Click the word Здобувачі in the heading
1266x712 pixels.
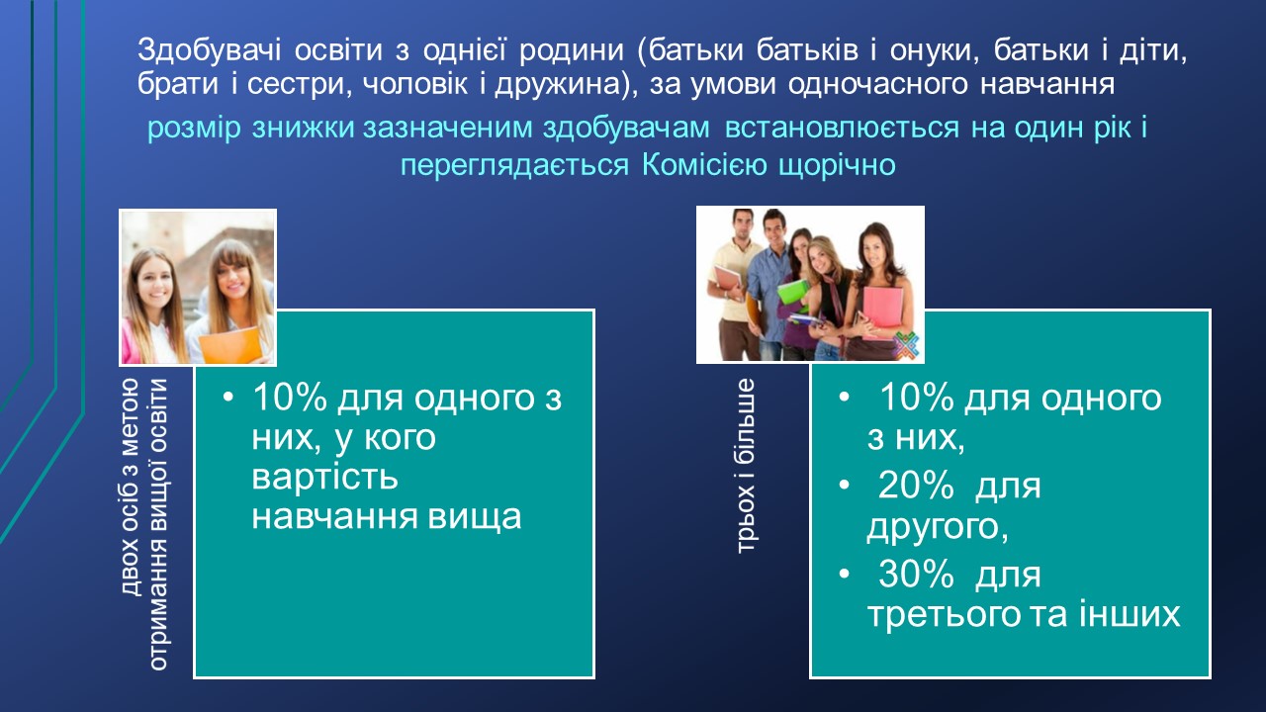point(209,49)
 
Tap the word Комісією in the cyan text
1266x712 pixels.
point(705,165)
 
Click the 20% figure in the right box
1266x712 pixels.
point(916,486)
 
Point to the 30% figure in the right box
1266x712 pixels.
point(916,575)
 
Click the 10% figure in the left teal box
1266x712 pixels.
point(290,397)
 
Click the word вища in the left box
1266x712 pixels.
point(474,517)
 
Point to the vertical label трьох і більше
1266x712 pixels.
point(746,466)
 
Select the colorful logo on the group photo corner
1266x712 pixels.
point(906,345)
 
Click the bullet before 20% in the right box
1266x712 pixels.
point(845,485)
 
